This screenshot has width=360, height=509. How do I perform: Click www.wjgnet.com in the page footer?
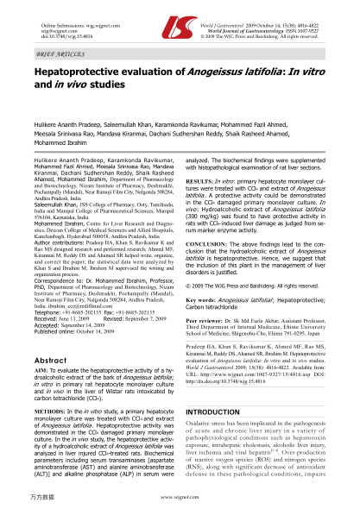[179, 499]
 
